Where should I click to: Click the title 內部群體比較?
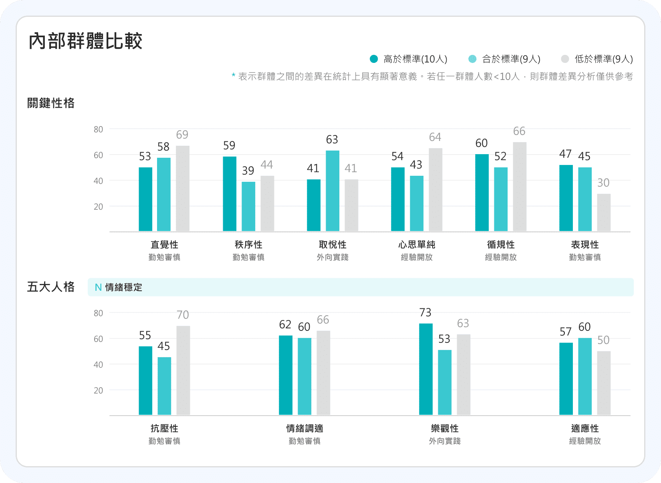(85, 41)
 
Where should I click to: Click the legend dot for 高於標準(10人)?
(374, 59)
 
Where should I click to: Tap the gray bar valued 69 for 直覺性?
(183, 188)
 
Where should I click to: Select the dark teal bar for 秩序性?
(230, 194)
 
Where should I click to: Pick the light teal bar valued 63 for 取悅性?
(333, 191)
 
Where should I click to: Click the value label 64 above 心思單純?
(435, 137)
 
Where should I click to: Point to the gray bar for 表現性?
(604, 212)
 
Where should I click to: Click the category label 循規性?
(501, 245)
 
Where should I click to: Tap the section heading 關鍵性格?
(51, 103)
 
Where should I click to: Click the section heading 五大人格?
(51, 287)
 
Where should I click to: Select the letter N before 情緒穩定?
(98, 288)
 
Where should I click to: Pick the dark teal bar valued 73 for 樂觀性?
(426, 369)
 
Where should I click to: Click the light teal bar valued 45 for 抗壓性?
(164, 386)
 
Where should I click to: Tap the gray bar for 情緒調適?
(323, 372)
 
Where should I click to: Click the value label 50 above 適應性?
(603, 340)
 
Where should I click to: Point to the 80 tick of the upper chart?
(98, 129)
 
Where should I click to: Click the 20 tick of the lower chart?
(98, 390)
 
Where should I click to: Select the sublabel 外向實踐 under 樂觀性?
(445, 441)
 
